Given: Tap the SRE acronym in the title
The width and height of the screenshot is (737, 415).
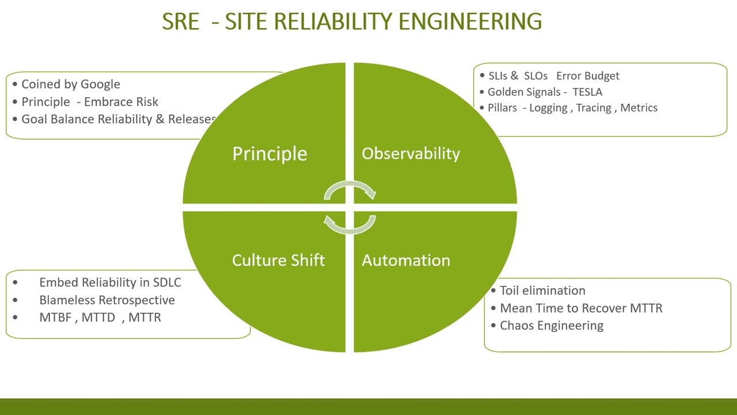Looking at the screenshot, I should [180, 21].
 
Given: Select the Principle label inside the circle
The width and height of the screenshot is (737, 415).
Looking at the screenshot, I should [269, 153].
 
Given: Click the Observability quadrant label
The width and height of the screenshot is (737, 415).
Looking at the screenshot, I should [411, 153].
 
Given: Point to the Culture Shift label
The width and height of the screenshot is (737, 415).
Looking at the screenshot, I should [278, 260].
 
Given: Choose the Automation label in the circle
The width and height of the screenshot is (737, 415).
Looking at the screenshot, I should [406, 260].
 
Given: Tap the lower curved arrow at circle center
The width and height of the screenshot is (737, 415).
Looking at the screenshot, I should [349, 225].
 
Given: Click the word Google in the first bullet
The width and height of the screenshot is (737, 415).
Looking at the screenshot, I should [100, 84].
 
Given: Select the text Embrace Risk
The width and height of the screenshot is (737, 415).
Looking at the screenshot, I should [121, 102].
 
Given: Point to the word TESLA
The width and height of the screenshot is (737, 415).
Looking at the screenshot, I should [587, 92].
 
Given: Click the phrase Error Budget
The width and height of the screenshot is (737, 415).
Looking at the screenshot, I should [587, 76].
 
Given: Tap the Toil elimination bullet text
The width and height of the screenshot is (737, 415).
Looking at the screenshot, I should [542, 290].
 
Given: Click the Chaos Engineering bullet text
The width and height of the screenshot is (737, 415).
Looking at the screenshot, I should [551, 326].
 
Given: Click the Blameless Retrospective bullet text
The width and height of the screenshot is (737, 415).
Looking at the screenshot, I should [107, 300].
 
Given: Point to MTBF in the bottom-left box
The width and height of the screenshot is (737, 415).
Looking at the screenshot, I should [55, 318].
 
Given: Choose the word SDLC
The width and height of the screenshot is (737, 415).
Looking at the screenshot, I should [167, 282].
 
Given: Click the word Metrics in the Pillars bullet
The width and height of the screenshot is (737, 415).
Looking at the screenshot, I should [639, 108].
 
